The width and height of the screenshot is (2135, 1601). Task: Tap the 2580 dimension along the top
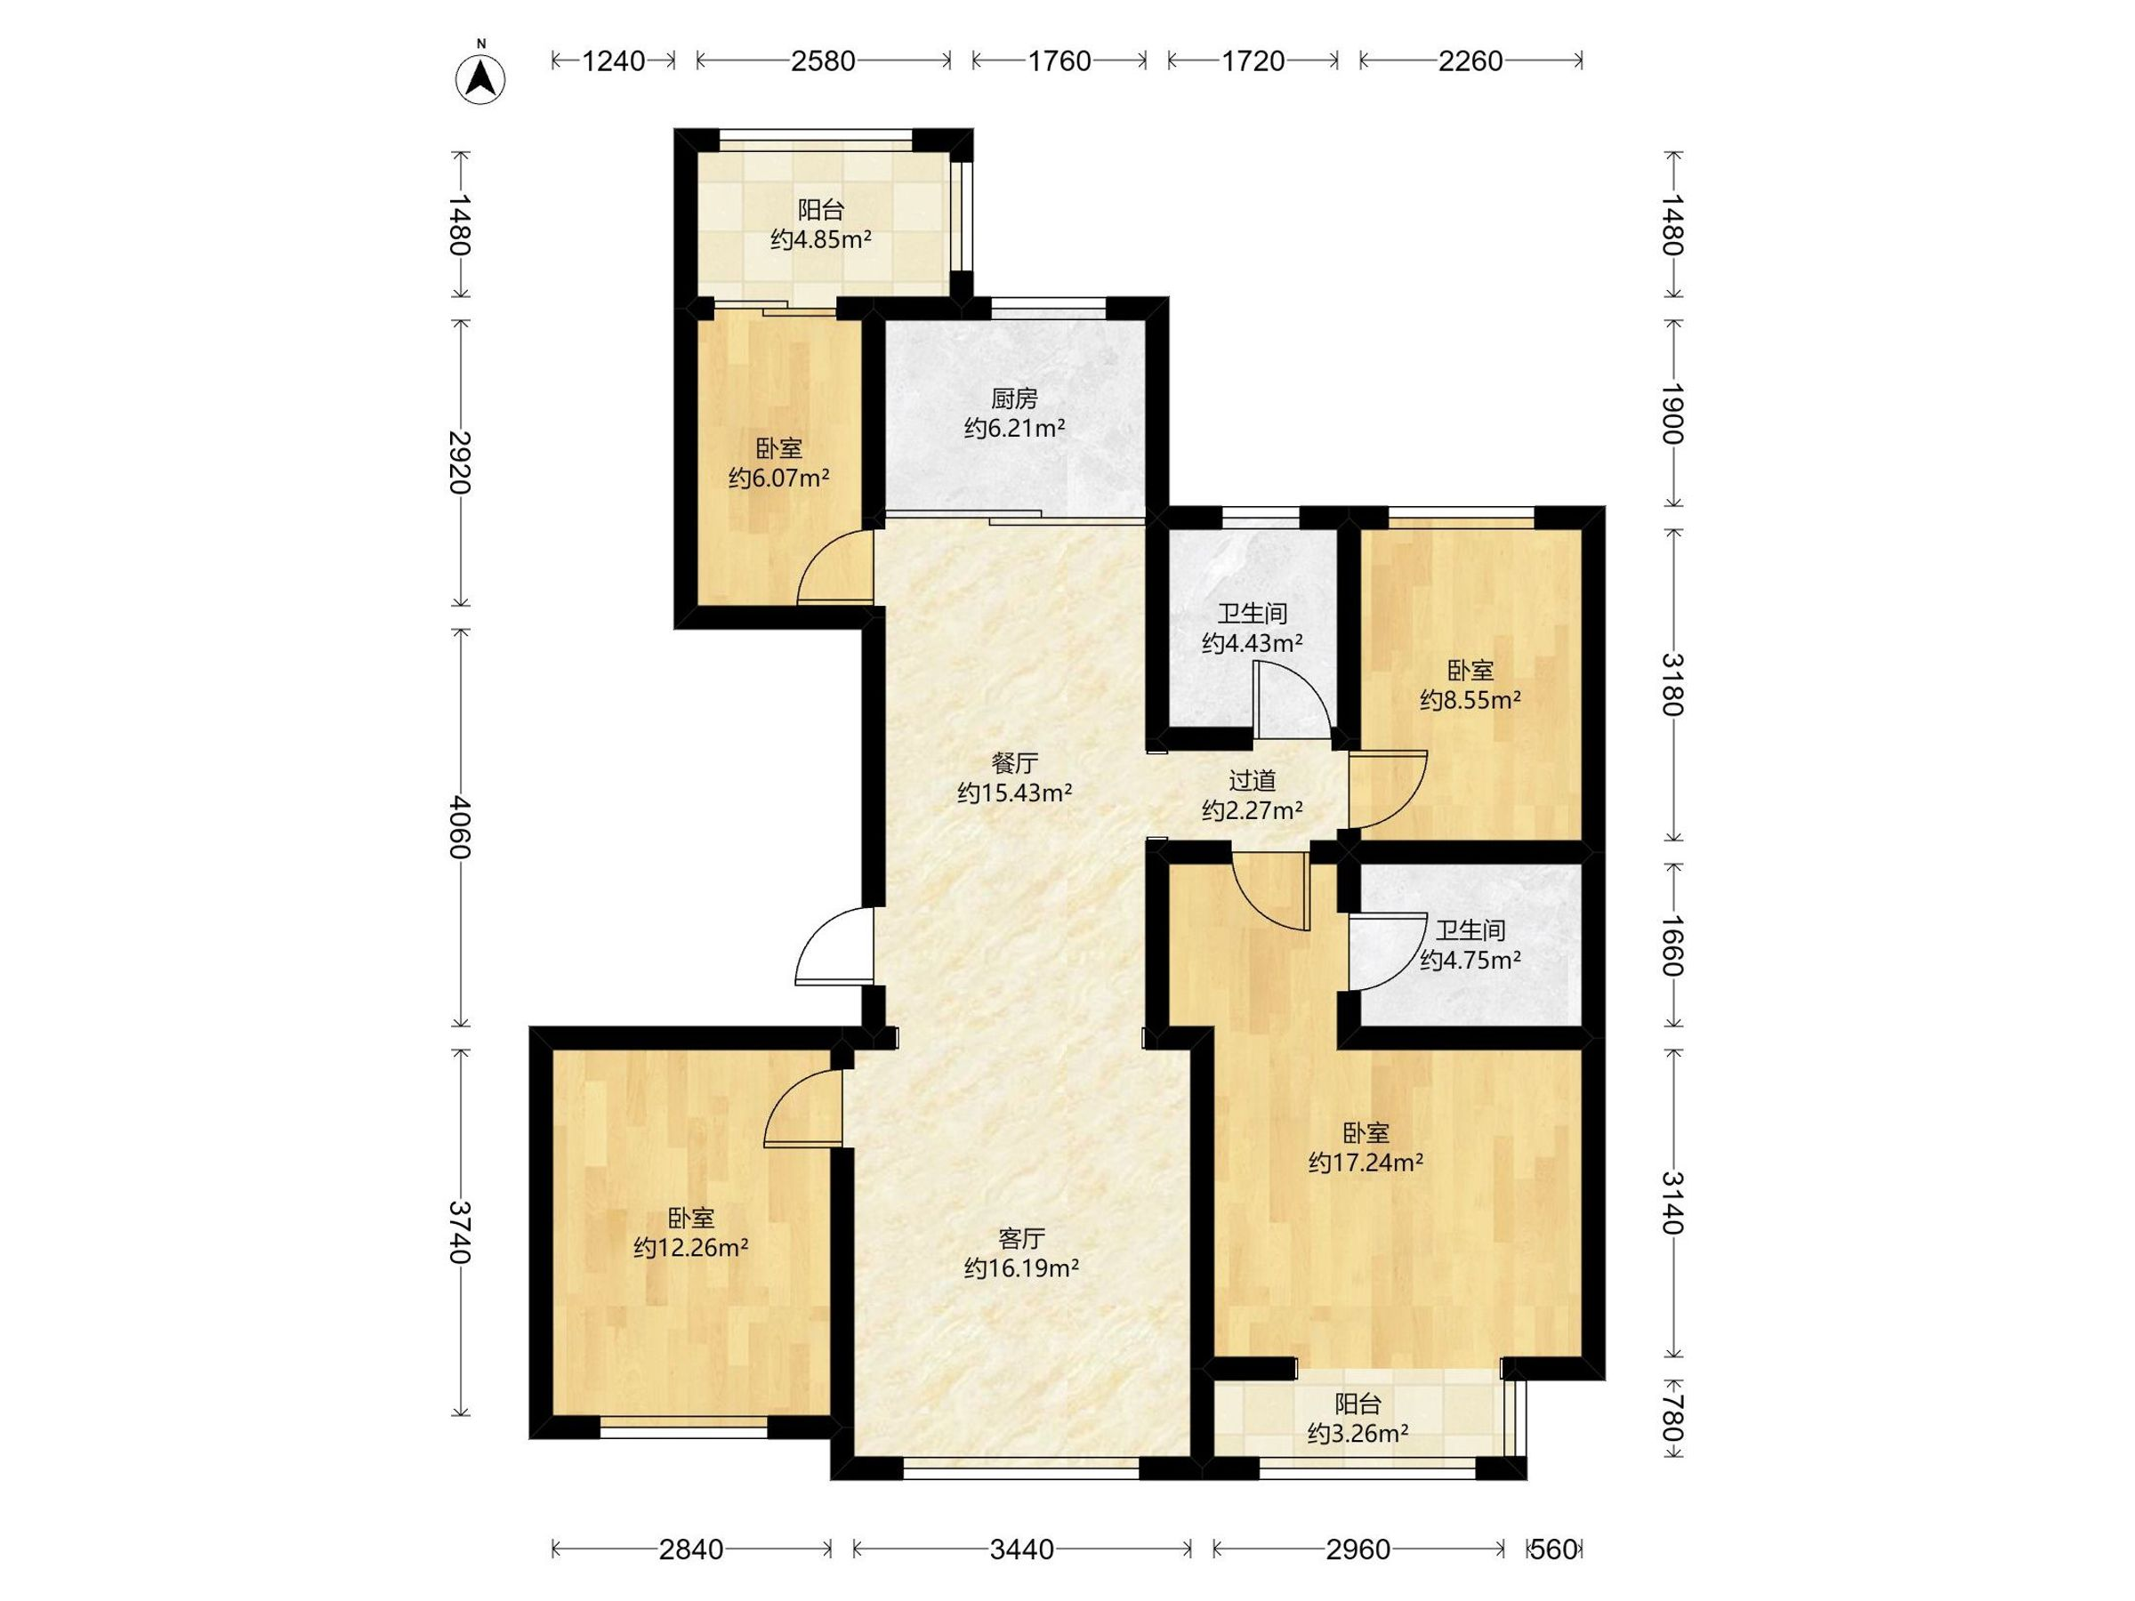822,60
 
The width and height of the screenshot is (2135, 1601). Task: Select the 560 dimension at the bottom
1553,1549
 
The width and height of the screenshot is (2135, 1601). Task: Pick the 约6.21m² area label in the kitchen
1014,428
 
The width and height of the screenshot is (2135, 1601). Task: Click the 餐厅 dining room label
1014,763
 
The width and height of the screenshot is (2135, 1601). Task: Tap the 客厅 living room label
1021,1238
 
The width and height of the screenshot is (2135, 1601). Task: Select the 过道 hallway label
1252,780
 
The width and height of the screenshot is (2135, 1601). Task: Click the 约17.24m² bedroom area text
1366,1163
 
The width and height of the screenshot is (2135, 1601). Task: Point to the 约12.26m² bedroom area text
691,1248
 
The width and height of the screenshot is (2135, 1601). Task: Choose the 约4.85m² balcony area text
821,238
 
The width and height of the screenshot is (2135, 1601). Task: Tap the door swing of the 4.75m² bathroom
1386,955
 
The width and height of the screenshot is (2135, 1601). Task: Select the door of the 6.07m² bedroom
835,567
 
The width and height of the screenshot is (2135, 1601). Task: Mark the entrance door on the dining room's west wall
834,946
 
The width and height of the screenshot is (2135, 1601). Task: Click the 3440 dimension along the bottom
1021,1549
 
